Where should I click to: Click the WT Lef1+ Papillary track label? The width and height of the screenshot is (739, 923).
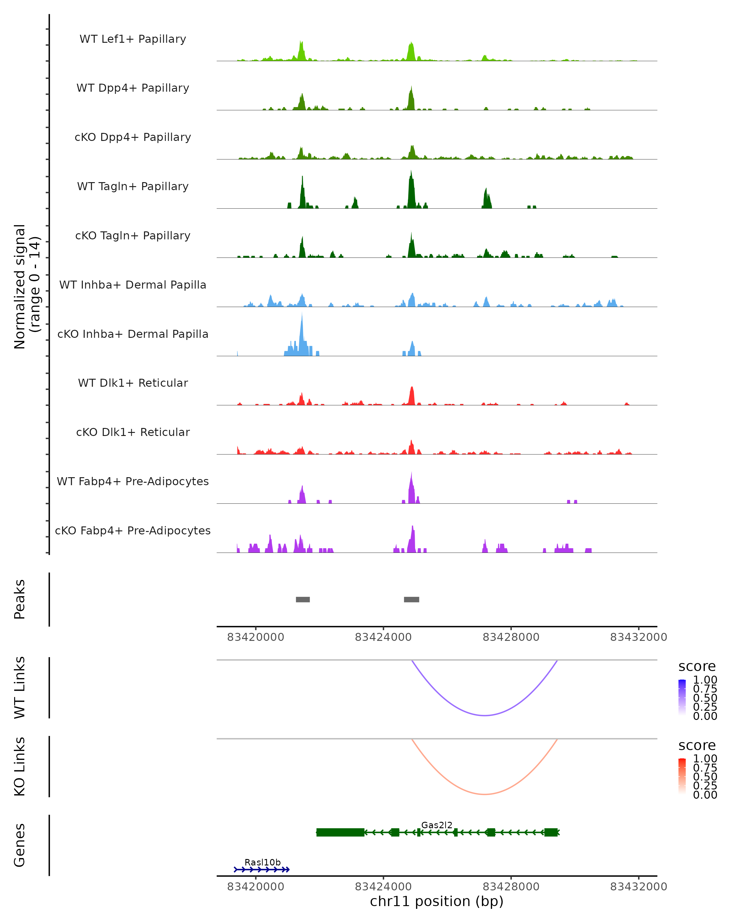point(133,39)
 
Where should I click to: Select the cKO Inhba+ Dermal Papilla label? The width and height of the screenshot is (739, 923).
point(133,334)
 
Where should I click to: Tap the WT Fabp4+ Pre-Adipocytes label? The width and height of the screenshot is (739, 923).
point(133,481)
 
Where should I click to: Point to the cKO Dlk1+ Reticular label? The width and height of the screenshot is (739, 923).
point(133,432)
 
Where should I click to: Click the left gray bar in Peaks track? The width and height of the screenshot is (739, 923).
point(303,599)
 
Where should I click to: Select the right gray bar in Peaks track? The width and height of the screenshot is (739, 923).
point(411,599)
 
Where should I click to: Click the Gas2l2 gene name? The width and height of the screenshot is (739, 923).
point(437,825)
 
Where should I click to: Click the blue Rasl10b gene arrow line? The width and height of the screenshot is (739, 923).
point(261,869)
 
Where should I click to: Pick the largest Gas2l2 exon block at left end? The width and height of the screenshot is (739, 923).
point(340,832)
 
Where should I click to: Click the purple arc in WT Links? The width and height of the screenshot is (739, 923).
point(485,715)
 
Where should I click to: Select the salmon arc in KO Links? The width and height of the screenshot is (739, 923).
point(485,794)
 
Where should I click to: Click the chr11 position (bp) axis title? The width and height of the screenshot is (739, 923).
point(437,901)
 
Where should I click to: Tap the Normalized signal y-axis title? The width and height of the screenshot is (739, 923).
point(26,286)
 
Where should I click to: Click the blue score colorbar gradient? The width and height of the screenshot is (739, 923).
point(682,697)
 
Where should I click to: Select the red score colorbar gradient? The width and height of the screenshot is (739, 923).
point(682,776)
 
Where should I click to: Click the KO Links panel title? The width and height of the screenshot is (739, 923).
point(20,767)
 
